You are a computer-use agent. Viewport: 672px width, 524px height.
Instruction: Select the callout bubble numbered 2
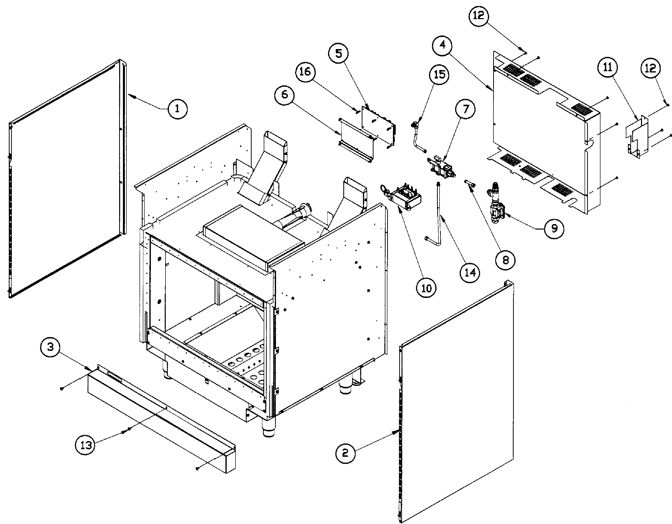(345, 453)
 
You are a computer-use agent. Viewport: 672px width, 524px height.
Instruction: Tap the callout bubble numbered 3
(50, 347)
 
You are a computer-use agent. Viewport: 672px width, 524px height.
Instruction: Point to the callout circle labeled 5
(339, 54)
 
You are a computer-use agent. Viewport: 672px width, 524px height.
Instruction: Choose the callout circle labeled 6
(285, 94)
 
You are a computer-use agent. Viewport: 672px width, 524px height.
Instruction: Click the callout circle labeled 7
(465, 109)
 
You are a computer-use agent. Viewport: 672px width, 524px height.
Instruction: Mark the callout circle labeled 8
(505, 260)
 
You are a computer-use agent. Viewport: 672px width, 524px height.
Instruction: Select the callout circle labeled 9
(554, 229)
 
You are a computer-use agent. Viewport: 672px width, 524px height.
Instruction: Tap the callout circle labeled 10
(426, 288)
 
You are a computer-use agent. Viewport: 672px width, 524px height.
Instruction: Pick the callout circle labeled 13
(86, 445)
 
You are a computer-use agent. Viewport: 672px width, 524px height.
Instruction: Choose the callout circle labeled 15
(439, 74)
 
